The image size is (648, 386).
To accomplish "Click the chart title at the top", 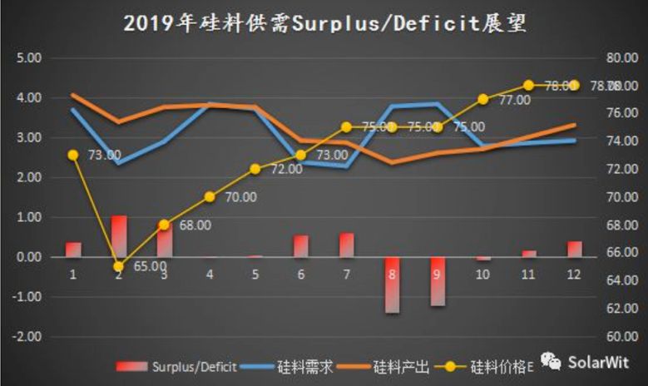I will (324, 22).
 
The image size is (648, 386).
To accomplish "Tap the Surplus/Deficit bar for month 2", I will (119, 236).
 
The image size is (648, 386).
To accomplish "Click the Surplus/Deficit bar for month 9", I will (438, 281).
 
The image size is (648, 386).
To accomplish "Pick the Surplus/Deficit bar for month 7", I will (346, 245).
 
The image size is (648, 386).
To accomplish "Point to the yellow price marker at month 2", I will (118, 267).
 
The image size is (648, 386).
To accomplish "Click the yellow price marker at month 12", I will (574, 85).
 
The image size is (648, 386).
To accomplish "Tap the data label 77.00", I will (514, 100).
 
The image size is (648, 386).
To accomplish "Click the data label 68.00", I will (195, 225).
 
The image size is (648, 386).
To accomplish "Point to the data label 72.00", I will (286, 169).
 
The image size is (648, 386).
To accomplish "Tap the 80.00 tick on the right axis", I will (619, 58).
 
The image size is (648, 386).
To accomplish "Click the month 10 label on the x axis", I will (482, 274).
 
